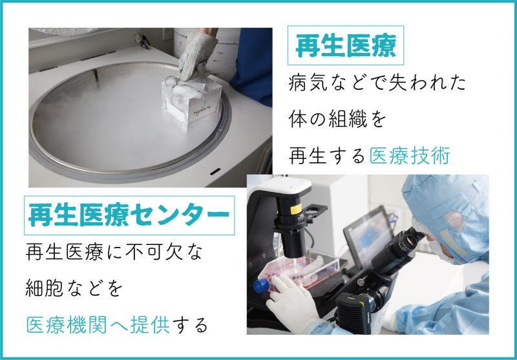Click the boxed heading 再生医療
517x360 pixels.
pyautogui.click(x=346, y=45)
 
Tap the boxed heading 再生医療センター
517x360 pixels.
pyautogui.click(x=129, y=215)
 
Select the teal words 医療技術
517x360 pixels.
pyautogui.click(x=410, y=156)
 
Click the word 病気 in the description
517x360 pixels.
pyautogui.click(x=308, y=83)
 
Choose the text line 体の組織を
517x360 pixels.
pyautogui.click(x=337, y=120)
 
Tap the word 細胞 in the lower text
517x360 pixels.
pyautogui.click(x=45, y=288)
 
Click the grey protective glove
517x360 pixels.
pyautogui.click(x=196, y=56)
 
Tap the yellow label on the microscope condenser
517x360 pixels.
pyautogui.click(x=295, y=209)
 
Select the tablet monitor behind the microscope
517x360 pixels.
pyautogui.click(x=368, y=235)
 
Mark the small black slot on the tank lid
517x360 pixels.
pyautogui.click(x=215, y=171)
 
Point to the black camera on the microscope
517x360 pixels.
pyautogui.click(x=358, y=308)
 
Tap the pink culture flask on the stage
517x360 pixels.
pyautogui.click(x=299, y=270)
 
